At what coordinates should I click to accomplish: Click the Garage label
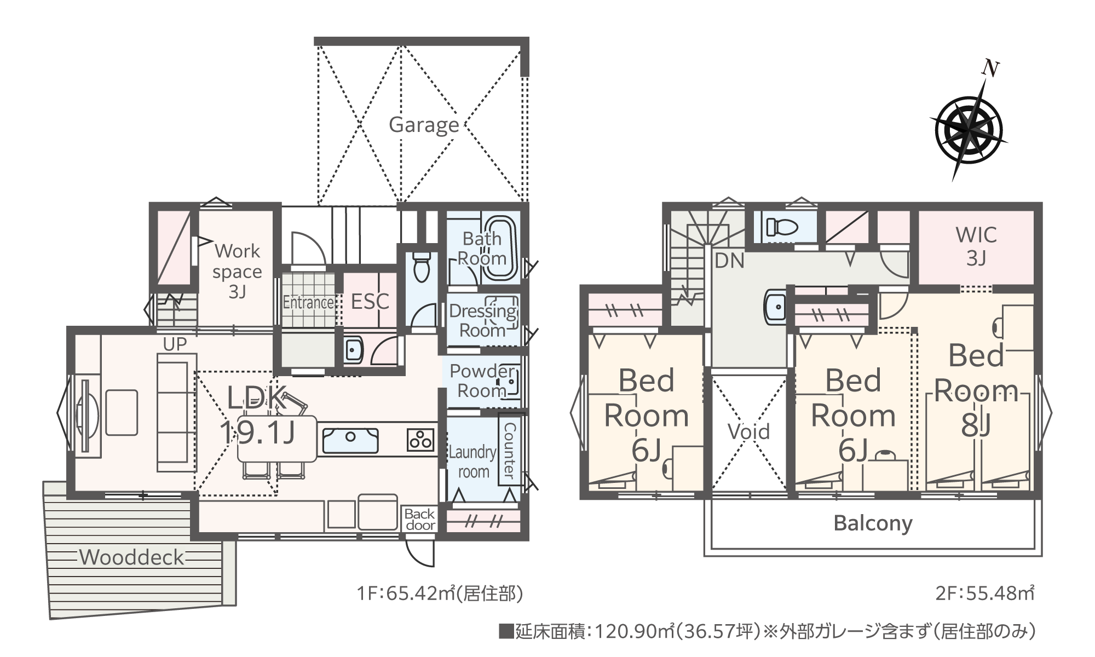424,125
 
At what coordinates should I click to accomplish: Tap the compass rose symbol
969,129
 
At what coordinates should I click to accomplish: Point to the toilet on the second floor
779,227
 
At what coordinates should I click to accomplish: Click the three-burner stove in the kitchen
420,440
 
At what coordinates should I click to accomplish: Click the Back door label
420,520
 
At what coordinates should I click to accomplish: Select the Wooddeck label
132,557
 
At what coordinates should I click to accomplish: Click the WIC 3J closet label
977,246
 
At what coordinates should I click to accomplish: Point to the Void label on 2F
748,431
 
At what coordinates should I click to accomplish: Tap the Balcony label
873,523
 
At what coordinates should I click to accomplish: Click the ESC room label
370,301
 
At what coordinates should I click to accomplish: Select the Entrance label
308,302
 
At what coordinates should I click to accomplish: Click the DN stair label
729,261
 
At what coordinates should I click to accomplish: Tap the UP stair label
175,344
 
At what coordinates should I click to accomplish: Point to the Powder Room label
482,381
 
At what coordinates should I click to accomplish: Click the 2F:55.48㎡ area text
984,593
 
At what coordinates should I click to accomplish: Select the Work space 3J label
237,271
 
